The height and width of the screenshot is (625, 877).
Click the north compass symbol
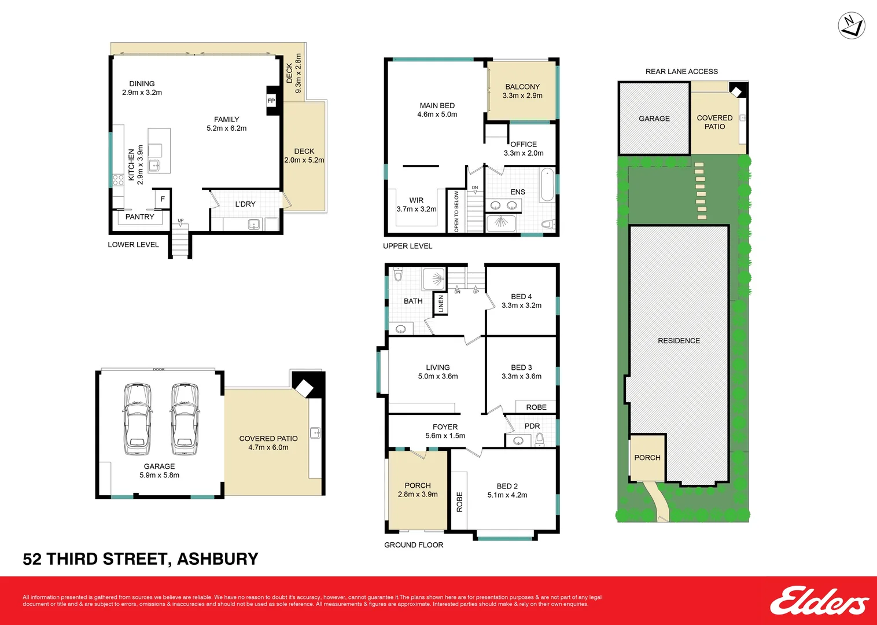[x=852, y=25]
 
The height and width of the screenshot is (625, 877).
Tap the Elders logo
[x=819, y=601]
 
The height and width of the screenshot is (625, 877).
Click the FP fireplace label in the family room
[x=271, y=101]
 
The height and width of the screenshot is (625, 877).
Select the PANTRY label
[x=140, y=217]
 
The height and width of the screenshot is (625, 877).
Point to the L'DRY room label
[x=245, y=204]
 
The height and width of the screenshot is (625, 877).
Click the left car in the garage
[x=137, y=418]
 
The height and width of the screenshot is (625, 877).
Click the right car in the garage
[x=185, y=418]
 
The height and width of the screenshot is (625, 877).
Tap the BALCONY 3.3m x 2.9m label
[x=522, y=91]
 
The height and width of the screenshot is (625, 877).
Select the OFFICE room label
[x=524, y=144]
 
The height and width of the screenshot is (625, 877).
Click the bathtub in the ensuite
[x=547, y=185]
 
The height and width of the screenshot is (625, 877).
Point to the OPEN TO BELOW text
[x=456, y=212]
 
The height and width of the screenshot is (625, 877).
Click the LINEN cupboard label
[x=441, y=304]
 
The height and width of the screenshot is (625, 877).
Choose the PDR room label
[x=532, y=426]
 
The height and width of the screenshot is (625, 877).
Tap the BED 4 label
[x=521, y=296]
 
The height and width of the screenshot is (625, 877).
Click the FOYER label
[x=445, y=427]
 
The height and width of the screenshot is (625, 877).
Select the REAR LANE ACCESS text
[x=681, y=72]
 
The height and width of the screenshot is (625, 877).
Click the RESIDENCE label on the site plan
[x=679, y=341]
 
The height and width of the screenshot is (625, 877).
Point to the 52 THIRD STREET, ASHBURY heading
[x=141, y=559]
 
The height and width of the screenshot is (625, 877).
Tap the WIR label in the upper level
[x=417, y=200]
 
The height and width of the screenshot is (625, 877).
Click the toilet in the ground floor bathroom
[x=398, y=274]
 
